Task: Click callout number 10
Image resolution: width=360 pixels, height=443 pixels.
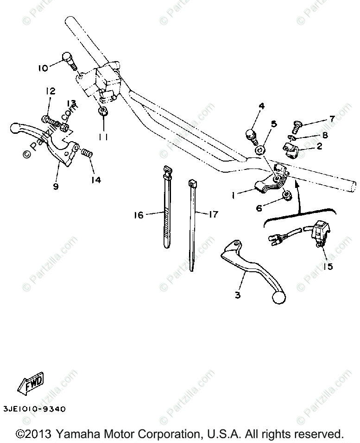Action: [43, 69]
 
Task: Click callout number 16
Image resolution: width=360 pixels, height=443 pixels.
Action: [139, 214]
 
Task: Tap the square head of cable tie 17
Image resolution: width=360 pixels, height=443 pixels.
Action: [192, 184]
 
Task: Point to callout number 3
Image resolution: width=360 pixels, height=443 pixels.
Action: [237, 294]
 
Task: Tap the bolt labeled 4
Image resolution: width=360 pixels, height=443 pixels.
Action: [251, 135]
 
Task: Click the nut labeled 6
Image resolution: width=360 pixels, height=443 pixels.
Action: [286, 196]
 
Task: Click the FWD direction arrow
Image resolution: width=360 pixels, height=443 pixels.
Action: [31, 383]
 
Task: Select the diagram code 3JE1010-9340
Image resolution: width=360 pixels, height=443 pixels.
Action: [34, 409]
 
